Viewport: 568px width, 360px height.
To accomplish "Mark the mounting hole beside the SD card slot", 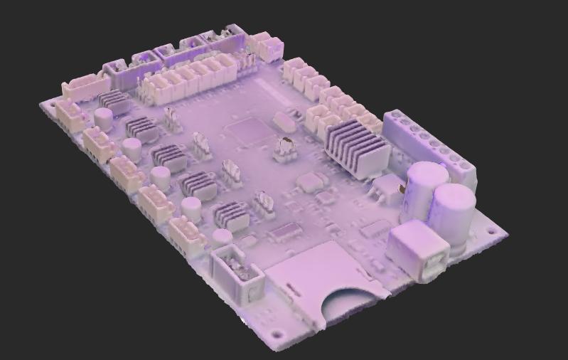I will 274,334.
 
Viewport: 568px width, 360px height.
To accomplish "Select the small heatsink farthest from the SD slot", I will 114,102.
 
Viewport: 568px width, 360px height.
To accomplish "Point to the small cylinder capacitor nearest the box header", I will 223,237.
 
